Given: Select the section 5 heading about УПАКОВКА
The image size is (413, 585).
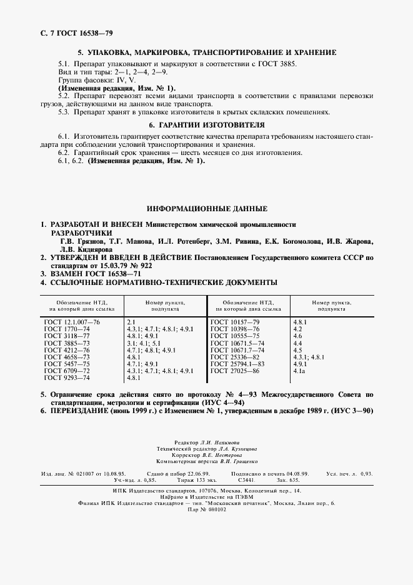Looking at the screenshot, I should [206, 53].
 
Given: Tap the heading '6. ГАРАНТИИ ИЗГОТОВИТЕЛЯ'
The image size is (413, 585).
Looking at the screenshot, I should [206, 125].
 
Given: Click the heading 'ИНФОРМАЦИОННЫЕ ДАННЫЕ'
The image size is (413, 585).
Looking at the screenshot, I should [206, 208].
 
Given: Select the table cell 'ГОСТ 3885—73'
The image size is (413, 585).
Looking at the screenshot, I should [67, 343].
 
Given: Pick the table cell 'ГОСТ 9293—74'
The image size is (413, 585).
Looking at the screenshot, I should [67, 378].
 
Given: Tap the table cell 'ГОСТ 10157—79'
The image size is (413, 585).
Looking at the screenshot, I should [235, 321].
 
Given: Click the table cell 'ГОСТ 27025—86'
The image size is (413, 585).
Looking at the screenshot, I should [235, 371].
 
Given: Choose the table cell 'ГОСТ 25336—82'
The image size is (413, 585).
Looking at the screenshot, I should [235, 357].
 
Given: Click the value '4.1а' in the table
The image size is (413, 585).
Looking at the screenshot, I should [300, 371].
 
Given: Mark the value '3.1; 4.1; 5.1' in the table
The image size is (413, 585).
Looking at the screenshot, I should [144, 343].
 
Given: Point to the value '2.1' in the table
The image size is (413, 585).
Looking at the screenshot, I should [131, 321].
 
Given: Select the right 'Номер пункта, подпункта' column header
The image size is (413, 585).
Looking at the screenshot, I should [331, 306].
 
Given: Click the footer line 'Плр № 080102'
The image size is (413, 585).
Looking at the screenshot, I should [206, 510].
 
